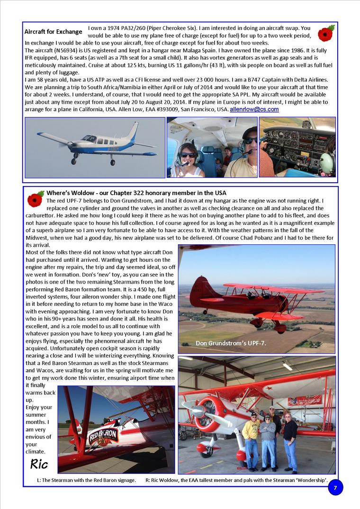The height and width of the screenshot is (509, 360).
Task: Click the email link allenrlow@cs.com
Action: pos(254,109)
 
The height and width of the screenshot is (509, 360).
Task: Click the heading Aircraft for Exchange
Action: pos(53,32)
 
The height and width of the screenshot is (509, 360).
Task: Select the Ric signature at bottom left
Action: pos(39,463)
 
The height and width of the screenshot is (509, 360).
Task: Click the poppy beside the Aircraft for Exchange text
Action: pos(326,34)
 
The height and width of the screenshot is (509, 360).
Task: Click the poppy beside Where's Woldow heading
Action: pos(35,198)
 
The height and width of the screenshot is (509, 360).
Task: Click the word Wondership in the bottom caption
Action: pos(312,480)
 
